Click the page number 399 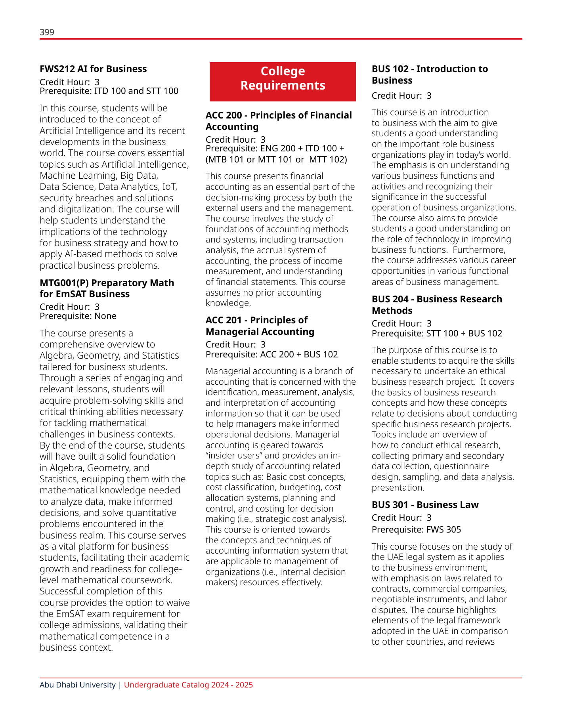point(47,32)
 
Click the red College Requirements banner point(283,82)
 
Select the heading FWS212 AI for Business point(93,69)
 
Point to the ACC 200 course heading point(278,121)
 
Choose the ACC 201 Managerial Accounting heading point(260,326)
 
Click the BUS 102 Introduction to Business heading point(430,74)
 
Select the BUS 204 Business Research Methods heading point(436,305)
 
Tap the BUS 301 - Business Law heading point(425,505)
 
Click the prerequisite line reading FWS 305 point(416,530)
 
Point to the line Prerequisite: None point(78,316)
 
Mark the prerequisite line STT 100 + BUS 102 point(437,334)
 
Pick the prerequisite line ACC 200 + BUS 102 point(271,355)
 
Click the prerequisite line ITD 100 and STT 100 point(109,91)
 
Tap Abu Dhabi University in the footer point(78,685)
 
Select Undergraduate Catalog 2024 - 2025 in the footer point(188,685)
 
